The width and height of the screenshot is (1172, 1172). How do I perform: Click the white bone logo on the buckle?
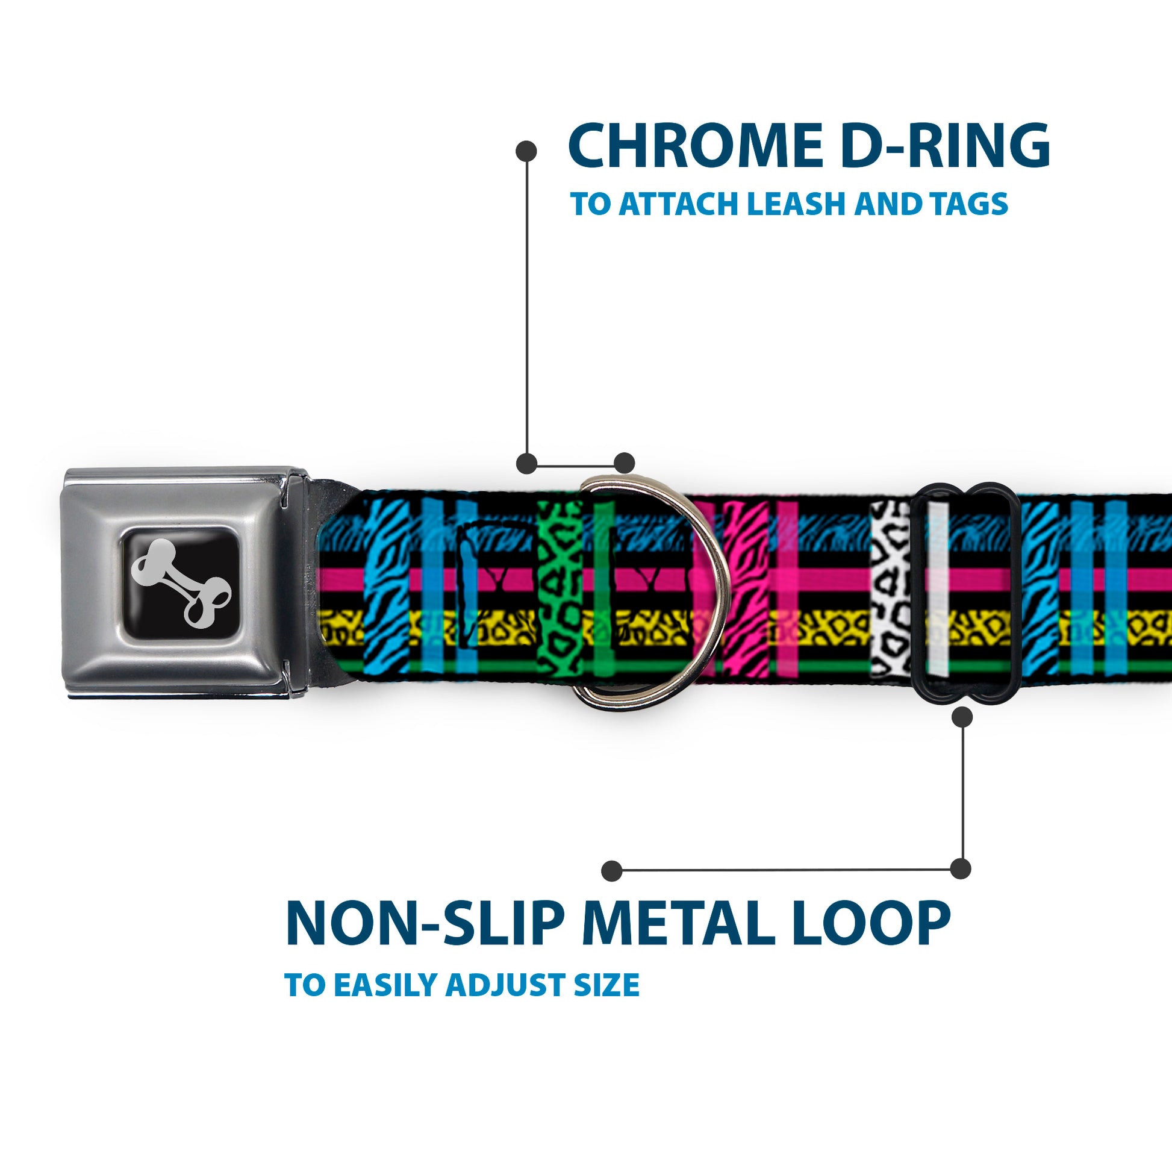point(181,582)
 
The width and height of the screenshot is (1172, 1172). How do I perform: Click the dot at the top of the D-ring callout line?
point(526,151)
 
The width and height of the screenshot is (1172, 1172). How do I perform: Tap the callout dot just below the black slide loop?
point(962,717)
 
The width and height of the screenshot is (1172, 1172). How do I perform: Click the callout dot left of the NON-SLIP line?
point(611,871)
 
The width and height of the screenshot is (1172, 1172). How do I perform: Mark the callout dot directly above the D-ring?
point(624,463)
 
